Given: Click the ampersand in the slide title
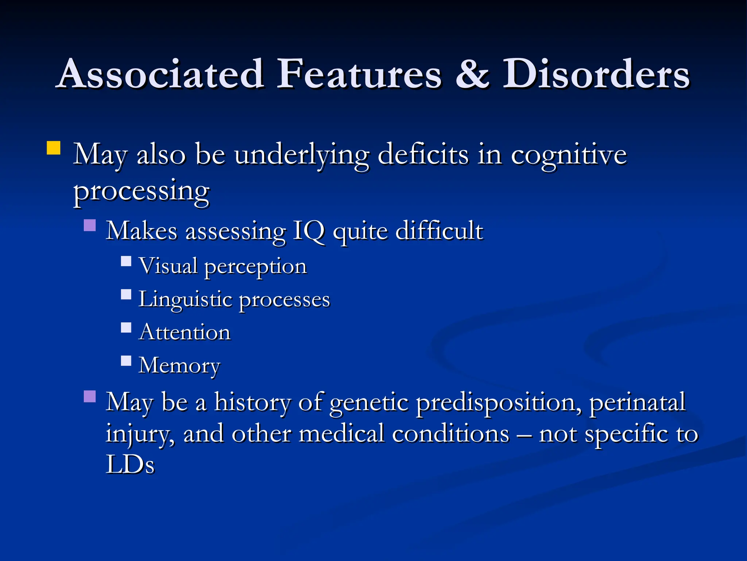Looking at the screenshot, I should click(x=472, y=74).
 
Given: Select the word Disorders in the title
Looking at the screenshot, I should click(x=596, y=74).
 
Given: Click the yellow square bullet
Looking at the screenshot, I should click(x=54, y=148).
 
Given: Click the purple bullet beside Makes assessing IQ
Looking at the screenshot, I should click(x=90, y=225).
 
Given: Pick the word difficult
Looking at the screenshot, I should click(x=439, y=231).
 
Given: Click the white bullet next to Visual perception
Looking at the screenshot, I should click(x=126, y=261).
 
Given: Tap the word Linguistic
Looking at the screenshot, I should click(x=185, y=300).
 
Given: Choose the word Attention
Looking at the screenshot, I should click(x=185, y=332).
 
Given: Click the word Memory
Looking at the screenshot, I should click(x=179, y=366).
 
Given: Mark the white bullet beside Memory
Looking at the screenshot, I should click(x=126, y=361).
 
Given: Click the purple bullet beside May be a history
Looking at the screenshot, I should click(x=90, y=396).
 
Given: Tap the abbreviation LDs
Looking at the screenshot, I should click(x=130, y=465).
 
